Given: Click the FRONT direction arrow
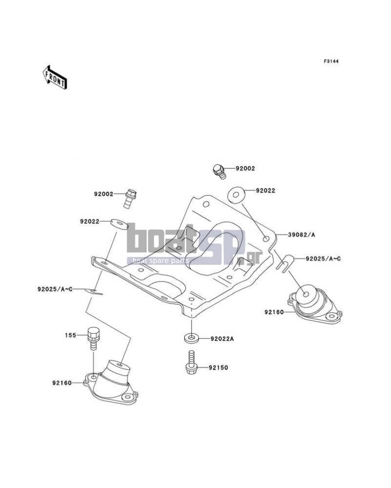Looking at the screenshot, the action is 54,78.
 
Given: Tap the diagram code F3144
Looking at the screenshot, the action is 331,61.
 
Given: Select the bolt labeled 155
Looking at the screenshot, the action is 92,338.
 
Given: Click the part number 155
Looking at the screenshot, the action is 70,335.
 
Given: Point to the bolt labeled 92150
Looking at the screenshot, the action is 191,362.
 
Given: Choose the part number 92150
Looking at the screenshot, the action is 218,368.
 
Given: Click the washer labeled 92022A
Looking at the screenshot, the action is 192,338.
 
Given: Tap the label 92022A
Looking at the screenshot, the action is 222,339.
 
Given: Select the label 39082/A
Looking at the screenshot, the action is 301,234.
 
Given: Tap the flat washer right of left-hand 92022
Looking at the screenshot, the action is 119,224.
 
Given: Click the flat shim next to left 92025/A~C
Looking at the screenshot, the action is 93,292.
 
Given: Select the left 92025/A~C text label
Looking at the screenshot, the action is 55,289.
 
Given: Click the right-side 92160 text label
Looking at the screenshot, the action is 274,312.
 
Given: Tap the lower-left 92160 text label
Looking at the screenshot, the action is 62,383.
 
